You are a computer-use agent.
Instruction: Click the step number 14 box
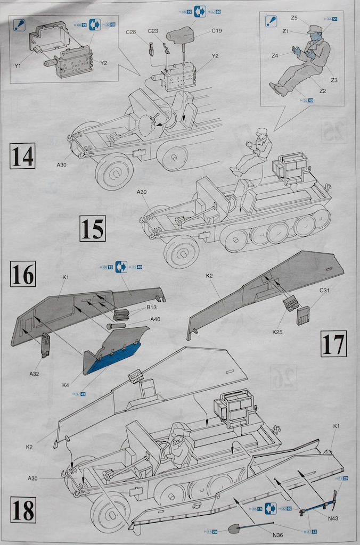[x=22, y=155]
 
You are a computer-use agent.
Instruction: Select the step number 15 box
[x=92, y=229]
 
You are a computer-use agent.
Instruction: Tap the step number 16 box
[x=22, y=275]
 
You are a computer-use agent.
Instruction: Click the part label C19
[x=216, y=31]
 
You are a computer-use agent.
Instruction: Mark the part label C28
[x=132, y=32]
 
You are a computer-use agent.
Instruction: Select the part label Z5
[x=294, y=18]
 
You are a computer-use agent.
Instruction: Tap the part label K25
[x=277, y=332]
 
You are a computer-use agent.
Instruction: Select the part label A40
[x=156, y=319]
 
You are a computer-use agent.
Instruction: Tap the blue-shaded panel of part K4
[x=111, y=358]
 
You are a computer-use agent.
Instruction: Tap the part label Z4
[x=275, y=55]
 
